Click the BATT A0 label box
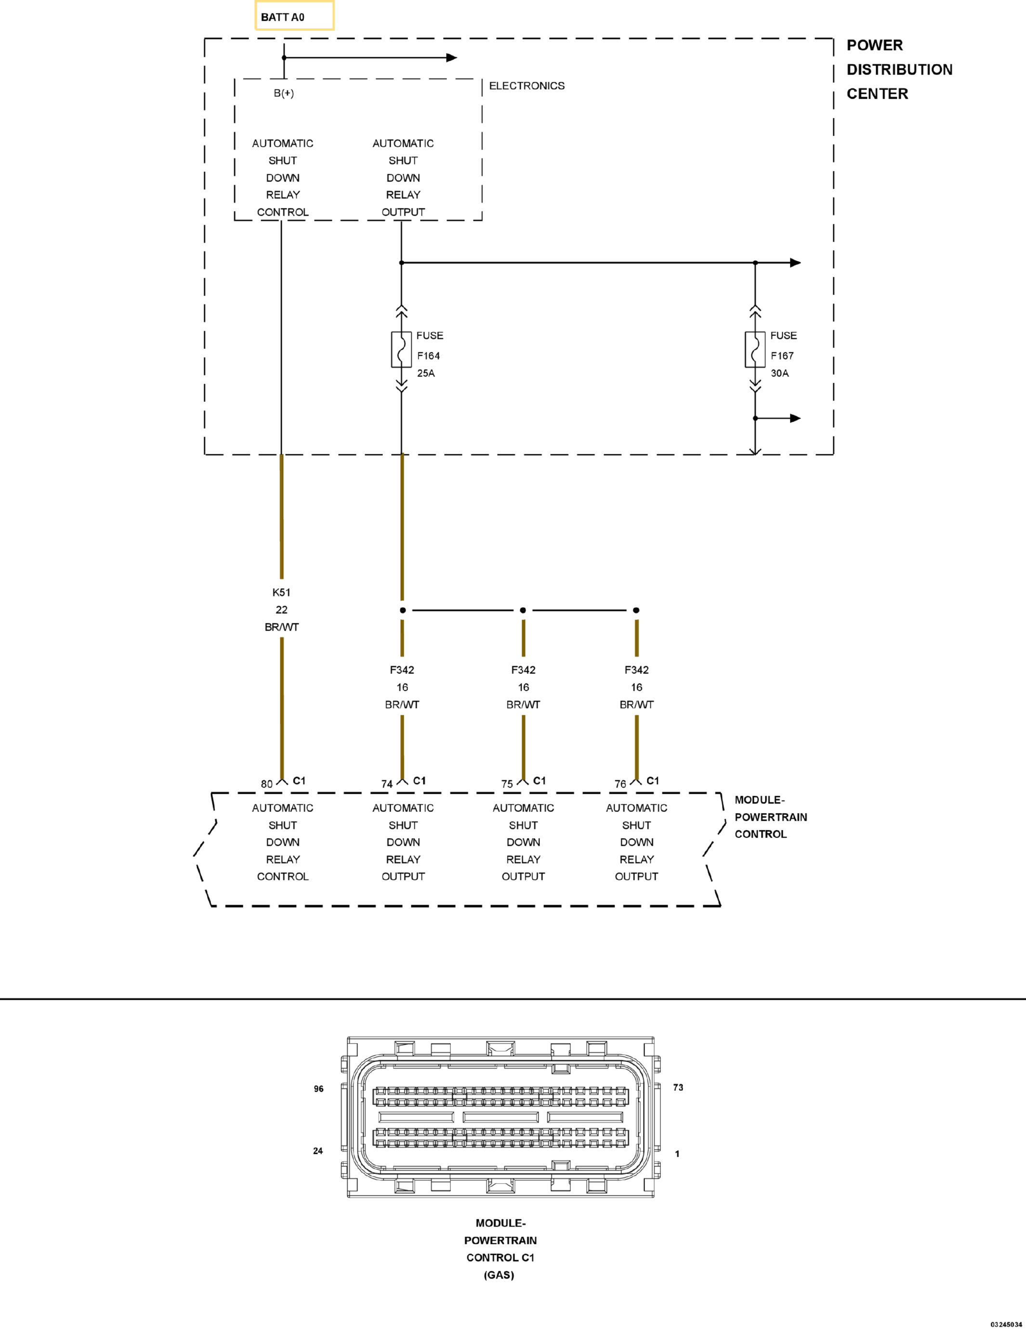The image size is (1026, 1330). tap(294, 15)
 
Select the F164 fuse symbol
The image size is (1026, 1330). tap(402, 349)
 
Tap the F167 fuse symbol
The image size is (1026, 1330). tap(755, 349)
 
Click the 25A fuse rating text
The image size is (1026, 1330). tap(426, 374)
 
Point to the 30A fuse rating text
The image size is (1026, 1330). tap(779, 374)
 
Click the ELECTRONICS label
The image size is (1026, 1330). tap(527, 86)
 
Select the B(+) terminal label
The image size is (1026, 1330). tap(284, 93)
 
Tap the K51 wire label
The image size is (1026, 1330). tap(281, 592)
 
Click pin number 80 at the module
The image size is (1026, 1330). tap(267, 784)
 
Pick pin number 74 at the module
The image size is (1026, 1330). tap(387, 784)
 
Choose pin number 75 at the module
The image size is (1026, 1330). tap(507, 784)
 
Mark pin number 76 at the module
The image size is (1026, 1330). tap(620, 784)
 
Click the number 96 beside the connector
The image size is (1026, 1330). tap(319, 1089)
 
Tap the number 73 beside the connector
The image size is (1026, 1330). tap(678, 1087)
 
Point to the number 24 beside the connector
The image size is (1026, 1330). tap(318, 1151)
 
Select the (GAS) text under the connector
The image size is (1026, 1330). tap(499, 1275)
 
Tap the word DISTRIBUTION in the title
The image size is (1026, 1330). tap(900, 70)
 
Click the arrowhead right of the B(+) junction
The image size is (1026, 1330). tap(451, 58)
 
